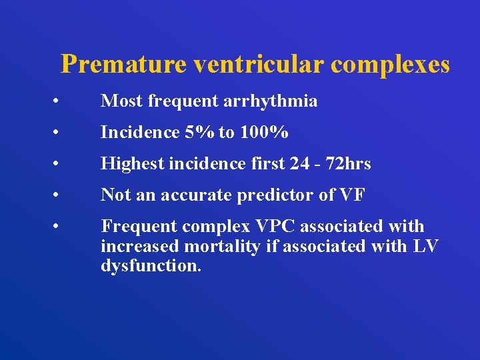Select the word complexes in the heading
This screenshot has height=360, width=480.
coord(391,65)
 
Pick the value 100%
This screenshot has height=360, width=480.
coord(263,133)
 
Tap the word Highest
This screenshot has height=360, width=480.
coord(129,164)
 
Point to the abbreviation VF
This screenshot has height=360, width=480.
coord(353,195)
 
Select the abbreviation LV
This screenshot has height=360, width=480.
coord(425,246)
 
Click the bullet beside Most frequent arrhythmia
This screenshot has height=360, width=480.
coord(59,102)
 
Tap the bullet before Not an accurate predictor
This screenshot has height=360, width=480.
coord(59,196)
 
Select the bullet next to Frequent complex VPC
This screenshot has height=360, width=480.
coord(59,227)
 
